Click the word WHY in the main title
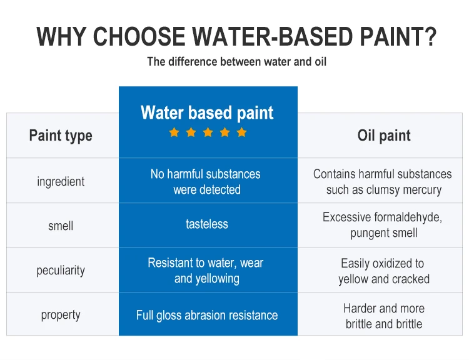point(61,37)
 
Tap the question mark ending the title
point(426,37)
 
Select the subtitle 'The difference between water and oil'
point(236,62)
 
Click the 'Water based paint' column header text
point(207,112)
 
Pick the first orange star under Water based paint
point(174,132)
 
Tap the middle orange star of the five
point(208,132)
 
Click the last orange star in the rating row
point(241,132)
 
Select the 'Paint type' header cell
point(61,136)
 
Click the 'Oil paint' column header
point(384,136)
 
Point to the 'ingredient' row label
point(61,182)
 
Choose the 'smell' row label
point(61,226)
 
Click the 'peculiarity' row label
point(61,271)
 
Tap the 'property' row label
point(61,315)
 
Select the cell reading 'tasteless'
point(207,224)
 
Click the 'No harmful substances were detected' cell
point(207,182)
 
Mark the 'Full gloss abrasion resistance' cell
point(207,315)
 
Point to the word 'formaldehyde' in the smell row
point(408,217)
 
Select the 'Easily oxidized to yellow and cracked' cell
point(383,271)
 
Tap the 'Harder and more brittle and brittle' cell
point(383,316)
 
